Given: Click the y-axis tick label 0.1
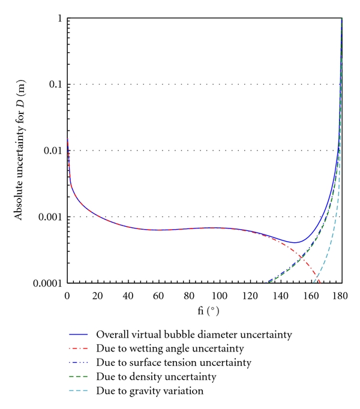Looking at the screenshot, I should coord(56,84).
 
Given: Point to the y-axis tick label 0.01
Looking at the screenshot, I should coord(53,150).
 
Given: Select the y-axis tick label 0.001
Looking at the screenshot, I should coord(51,216).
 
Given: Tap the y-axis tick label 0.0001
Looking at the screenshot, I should coord(49,282).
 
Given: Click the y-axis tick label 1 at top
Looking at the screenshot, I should coord(59,18).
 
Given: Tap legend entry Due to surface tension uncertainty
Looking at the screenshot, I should coord(183,362).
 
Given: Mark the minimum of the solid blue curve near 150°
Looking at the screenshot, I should coord(295,242).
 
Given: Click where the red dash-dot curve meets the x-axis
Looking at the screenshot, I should coord(320,282).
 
